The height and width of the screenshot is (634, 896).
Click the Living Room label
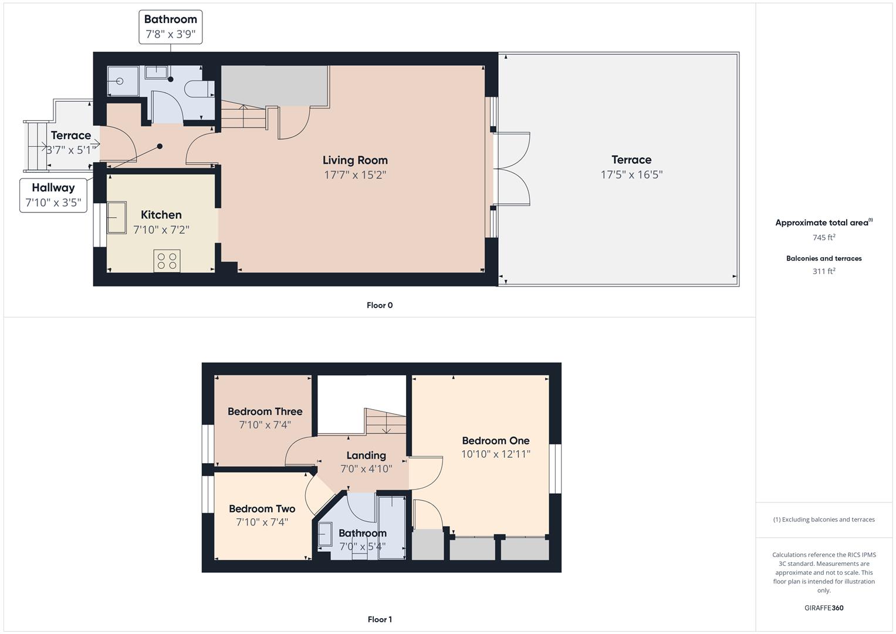(355, 160)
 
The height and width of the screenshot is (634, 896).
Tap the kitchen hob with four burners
(167, 261)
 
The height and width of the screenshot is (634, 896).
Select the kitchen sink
(116, 217)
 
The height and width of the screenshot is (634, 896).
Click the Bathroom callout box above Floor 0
(171, 27)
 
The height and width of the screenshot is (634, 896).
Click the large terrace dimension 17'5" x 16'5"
(631, 175)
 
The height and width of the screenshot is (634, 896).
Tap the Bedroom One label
(495, 441)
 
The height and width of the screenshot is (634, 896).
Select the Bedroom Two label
(262, 509)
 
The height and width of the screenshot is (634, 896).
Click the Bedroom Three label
(265, 412)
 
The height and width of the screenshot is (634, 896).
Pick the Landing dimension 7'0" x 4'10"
(366, 469)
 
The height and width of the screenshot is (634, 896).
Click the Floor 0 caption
(380, 305)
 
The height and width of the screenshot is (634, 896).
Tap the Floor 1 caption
(380, 619)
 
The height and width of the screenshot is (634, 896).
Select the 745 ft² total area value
(824, 238)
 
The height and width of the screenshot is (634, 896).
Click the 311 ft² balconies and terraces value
(824, 271)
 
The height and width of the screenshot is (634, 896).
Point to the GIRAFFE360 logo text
(824, 608)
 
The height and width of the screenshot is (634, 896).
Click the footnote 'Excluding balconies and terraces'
(824, 520)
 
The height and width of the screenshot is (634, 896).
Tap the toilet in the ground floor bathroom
(196, 89)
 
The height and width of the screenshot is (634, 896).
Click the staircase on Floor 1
(386, 421)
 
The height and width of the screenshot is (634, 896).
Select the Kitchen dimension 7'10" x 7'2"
(161, 230)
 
